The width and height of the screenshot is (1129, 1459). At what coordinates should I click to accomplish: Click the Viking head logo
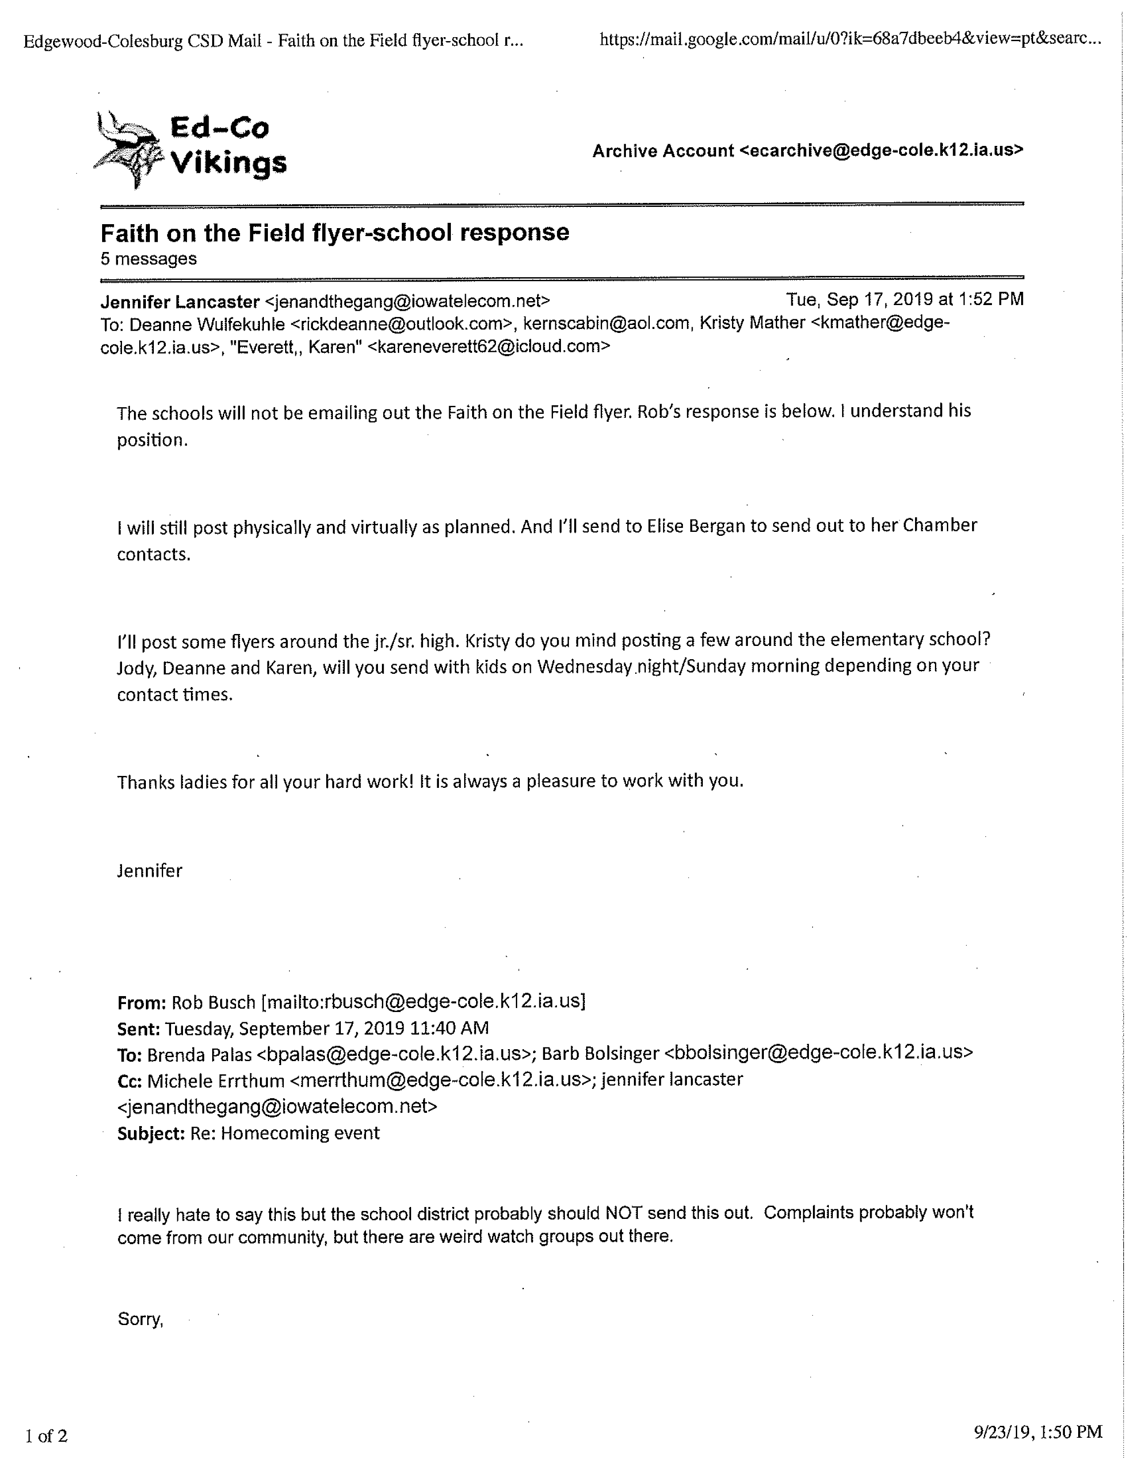(128, 148)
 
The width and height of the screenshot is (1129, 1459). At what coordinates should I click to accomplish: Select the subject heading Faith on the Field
(335, 233)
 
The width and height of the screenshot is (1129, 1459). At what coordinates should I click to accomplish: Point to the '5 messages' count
(148, 259)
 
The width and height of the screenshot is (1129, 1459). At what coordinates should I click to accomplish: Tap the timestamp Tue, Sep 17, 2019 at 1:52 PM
(904, 299)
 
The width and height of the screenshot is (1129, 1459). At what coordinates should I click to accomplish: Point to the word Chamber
(939, 525)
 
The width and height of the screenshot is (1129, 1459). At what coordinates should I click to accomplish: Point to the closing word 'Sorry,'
(140, 1319)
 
